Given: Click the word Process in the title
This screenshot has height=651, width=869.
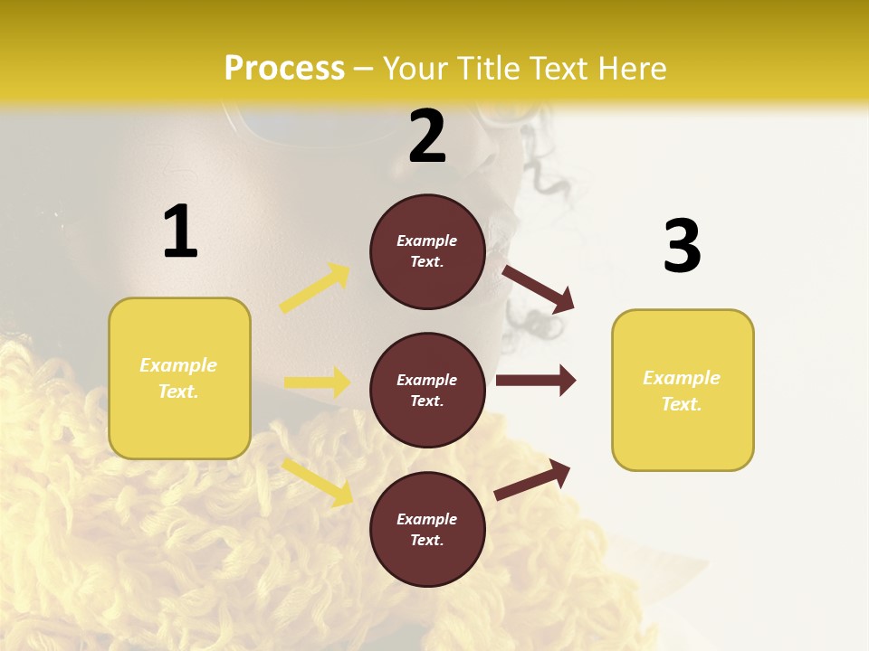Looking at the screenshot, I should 284,69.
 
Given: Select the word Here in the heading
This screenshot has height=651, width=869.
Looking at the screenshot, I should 628,69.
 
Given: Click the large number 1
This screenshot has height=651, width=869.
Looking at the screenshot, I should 180,231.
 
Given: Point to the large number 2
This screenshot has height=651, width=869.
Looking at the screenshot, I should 427,137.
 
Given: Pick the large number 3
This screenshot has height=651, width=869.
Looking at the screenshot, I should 683,246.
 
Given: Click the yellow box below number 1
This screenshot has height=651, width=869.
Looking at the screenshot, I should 179,378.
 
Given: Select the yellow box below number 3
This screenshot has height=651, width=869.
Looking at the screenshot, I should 683,390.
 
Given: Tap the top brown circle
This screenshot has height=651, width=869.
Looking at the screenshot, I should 427,251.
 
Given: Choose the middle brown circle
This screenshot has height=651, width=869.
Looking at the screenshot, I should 427,390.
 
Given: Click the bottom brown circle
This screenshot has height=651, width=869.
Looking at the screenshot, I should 427,529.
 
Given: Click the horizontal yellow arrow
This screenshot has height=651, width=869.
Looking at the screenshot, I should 317,382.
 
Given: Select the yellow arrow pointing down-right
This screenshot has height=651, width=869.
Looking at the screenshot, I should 317,481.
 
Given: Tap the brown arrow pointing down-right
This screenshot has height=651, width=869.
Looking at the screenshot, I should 539,288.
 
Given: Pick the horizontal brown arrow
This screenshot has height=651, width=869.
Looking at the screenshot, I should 536,380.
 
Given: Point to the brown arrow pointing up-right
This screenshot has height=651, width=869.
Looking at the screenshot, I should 533,479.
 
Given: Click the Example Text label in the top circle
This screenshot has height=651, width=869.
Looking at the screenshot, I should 427,251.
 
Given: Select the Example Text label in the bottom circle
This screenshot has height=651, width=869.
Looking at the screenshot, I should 427,529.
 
